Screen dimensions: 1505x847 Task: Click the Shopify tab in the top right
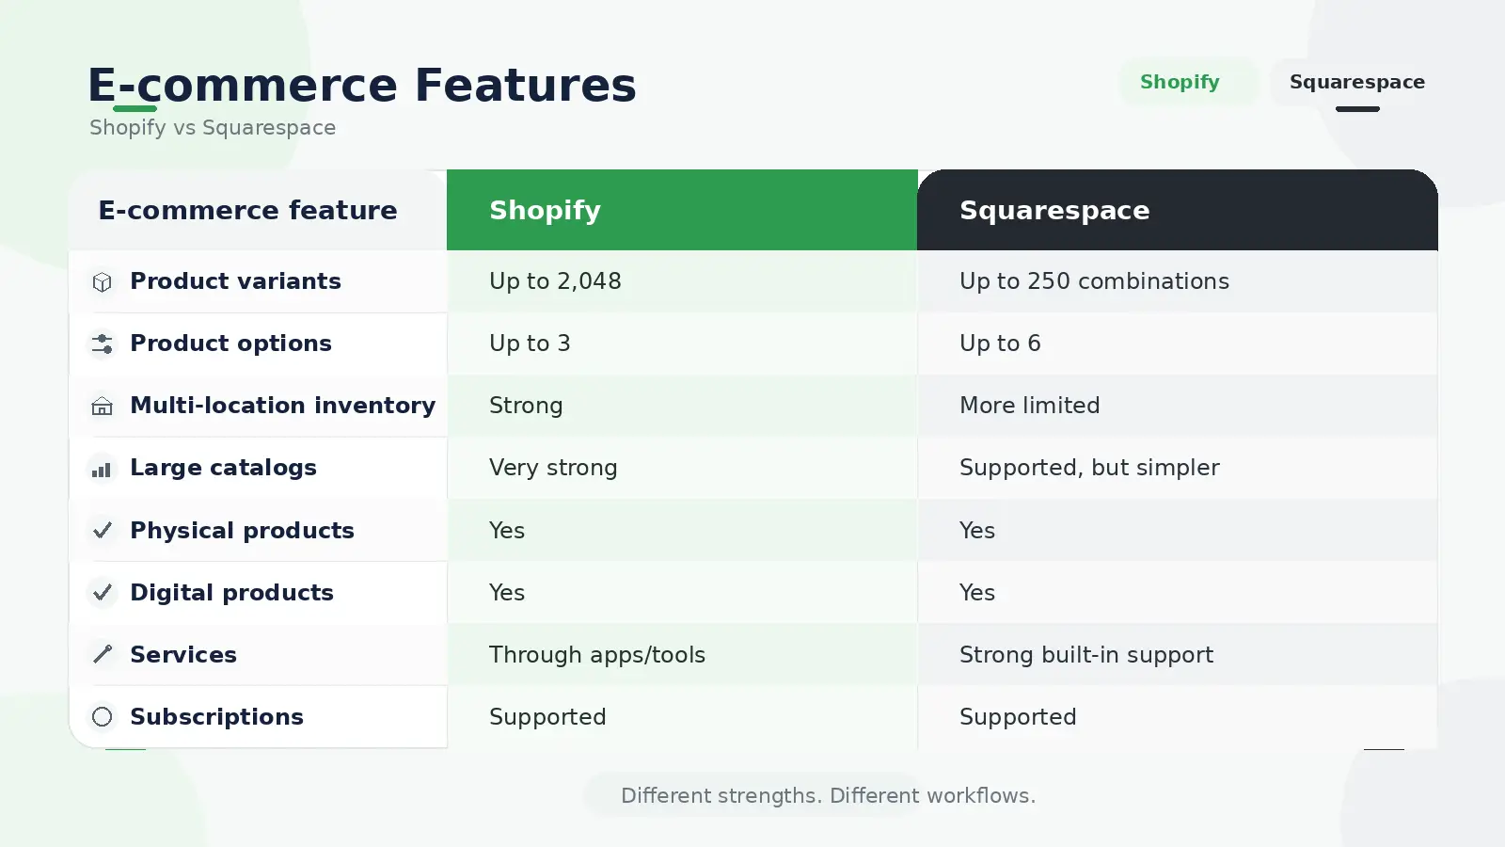tap(1180, 82)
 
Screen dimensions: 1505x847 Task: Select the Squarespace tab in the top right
tap(1357, 82)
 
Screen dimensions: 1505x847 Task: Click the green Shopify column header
tap(682, 210)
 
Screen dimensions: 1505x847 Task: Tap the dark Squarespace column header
tap(1177, 210)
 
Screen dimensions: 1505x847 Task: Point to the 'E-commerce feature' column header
tap(248, 211)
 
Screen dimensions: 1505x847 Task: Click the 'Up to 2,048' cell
tap(555, 281)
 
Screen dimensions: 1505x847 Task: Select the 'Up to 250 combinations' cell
tap(1094, 281)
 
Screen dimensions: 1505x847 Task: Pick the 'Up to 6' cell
tap(1000, 344)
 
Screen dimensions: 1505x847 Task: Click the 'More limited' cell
tap(1029, 406)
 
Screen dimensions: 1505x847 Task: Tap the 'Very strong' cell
tap(553, 468)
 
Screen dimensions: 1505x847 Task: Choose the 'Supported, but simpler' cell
tap(1089, 468)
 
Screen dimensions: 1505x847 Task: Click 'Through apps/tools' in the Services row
tap(596, 655)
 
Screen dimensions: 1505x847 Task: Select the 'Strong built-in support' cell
tap(1086, 655)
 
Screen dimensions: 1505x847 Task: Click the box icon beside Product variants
tap(103, 282)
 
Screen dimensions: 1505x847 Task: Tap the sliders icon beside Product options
tap(103, 344)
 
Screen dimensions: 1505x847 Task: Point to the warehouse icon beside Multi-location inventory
tap(103, 406)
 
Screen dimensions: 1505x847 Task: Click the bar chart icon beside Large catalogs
tap(102, 470)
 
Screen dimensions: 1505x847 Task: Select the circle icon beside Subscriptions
tap(103, 716)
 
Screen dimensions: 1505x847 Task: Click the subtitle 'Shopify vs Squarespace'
tap(213, 128)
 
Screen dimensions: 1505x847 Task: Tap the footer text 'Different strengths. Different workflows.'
tap(828, 796)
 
